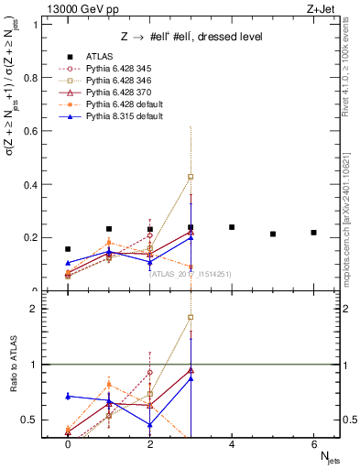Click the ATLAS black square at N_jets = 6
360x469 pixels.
coord(313,233)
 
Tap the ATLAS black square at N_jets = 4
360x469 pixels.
coord(232,227)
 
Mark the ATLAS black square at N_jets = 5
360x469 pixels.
coord(273,234)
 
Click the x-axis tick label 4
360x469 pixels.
coord(232,442)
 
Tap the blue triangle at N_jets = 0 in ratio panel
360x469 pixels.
coord(68,396)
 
